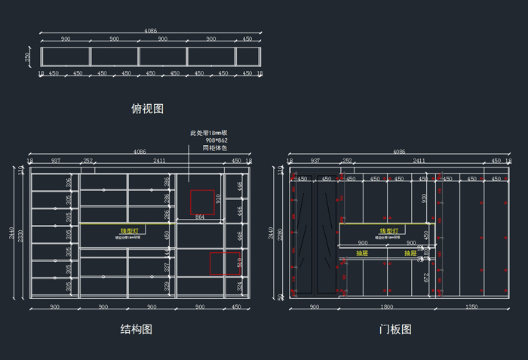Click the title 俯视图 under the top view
[x=147, y=109]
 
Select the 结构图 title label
[x=137, y=329]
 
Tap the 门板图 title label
[x=395, y=329]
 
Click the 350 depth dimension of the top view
[x=28, y=57]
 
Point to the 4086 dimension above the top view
[x=150, y=31]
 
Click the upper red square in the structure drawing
[x=201, y=202]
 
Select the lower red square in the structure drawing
[x=225, y=263]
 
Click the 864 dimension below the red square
[x=200, y=217]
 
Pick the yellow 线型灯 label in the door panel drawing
[x=388, y=231]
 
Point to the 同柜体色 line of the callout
[x=214, y=148]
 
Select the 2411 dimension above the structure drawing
[x=159, y=161]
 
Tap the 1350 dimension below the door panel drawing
[x=471, y=307]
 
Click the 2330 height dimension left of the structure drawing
[x=20, y=235]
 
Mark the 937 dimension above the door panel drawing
[x=315, y=161]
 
